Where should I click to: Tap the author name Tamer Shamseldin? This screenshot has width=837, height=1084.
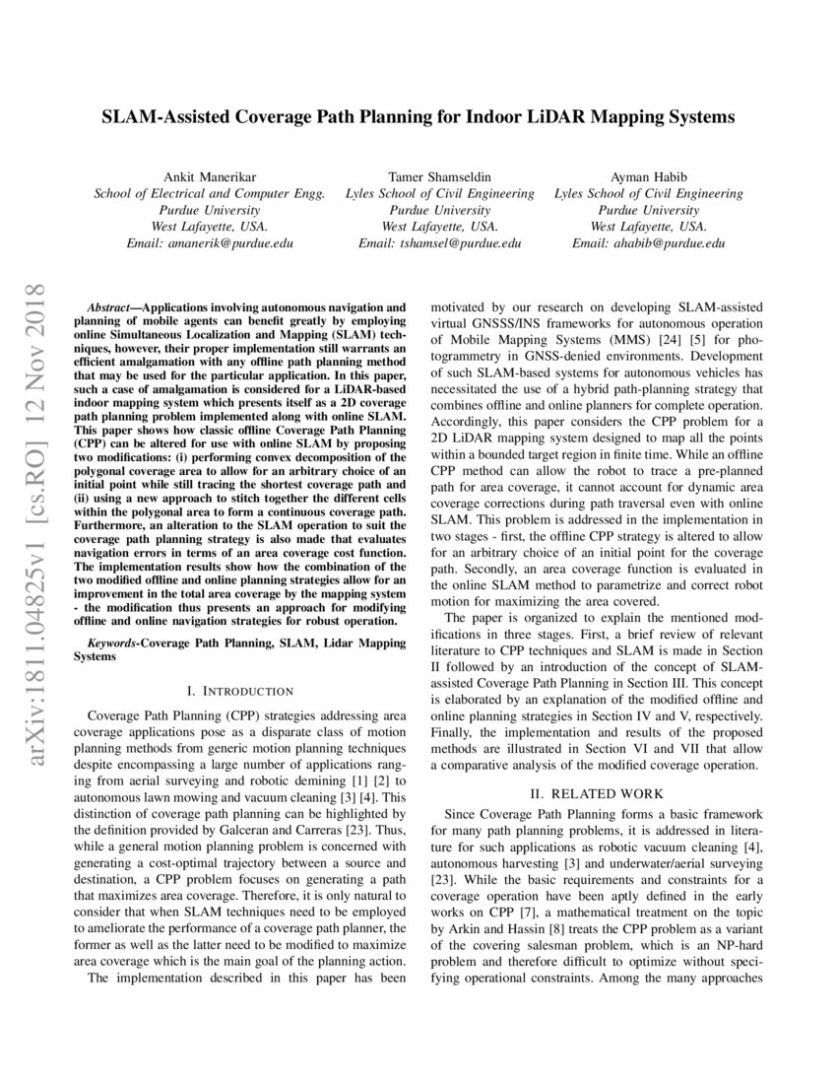(x=439, y=175)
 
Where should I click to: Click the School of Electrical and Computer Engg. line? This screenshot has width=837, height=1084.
(x=209, y=193)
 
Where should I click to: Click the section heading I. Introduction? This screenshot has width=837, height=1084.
(x=240, y=691)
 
